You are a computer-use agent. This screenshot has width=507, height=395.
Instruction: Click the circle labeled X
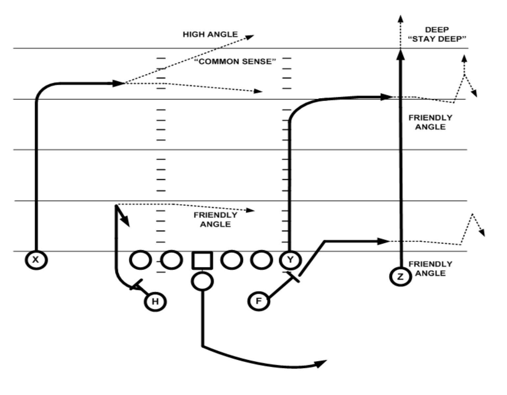pyautogui.click(x=36, y=260)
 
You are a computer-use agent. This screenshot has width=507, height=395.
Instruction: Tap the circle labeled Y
pyautogui.click(x=290, y=260)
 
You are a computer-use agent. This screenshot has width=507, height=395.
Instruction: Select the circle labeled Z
pyautogui.click(x=400, y=277)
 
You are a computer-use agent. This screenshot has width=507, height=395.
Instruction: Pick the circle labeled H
pyautogui.click(x=155, y=302)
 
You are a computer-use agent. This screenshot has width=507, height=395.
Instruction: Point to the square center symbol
pyautogui.click(x=202, y=260)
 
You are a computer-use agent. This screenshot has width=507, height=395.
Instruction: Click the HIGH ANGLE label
pyautogui.click(x=210, y=34)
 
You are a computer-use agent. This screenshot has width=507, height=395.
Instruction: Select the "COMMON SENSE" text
pyautogui.click(x=235, y=62)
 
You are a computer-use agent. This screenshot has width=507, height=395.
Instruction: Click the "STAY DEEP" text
pyautogui.click(x=437, y=39)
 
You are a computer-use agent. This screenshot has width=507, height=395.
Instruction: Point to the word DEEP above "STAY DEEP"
pyautogui.click(x=437, y=30)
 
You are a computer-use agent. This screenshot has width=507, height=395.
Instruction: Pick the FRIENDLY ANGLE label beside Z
pyautogui.click(x=430, y=269)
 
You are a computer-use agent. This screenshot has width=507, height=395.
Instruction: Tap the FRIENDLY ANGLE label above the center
pyautogui.click(x=215, y=220)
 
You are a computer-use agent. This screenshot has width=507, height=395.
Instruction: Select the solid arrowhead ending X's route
pyautogui.click(x=117, y=83)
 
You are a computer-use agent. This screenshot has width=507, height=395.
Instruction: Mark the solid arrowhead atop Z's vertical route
pyautogui.click(x=400, y=54)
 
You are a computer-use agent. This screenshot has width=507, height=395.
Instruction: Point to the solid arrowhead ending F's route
pyautogui.click(x=383, y=241)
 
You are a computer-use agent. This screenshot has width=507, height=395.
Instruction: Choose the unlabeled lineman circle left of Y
pyautogui.click(x=261, y=260)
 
